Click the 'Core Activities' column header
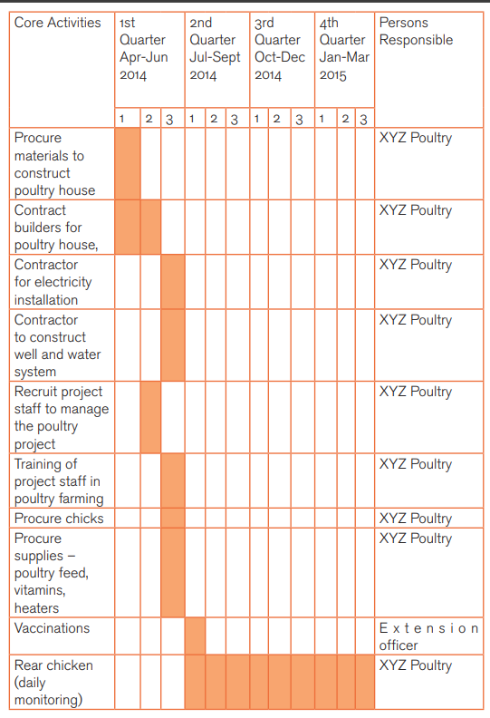click(x=58, y=23)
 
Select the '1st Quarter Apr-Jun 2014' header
click(x=144, y=49)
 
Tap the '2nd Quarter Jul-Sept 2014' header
click(x=215, y=49)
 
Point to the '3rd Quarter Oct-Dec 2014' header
click(x=280, y=49)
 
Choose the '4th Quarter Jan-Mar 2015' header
click(x=344, y=49)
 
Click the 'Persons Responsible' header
click(x=416, y=31)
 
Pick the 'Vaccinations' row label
click(x=52, y=627)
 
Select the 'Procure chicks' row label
click(x=59, y=519)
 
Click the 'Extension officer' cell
click(x=428, y=636)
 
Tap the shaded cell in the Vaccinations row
click(x=196, y=636)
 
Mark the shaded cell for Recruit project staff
click(x=150, y=417)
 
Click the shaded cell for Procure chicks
click(x=173, y=518)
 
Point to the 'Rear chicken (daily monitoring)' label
click(x=53, y=683)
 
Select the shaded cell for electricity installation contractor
click(x=173, y=282)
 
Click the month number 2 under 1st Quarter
click(x=149, y=119)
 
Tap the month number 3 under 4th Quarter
click(x=363, y=120)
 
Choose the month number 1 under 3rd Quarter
click(x=256, y=119)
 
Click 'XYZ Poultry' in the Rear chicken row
click(x=416, y=665)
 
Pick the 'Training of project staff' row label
click(x=59, y=481)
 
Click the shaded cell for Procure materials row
click(x=128, y=163)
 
